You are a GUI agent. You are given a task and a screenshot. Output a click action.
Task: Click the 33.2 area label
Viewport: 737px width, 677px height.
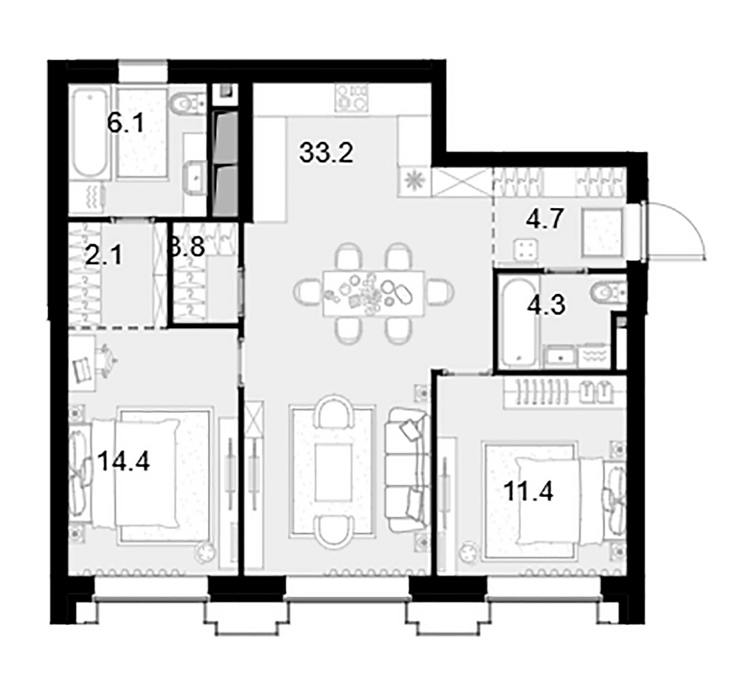(x=326, y=153)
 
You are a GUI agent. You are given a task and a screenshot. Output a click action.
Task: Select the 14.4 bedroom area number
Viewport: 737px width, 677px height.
(x=123, y=461)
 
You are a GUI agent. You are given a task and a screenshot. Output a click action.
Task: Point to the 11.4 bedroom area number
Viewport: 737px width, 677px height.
(x=528, y=492)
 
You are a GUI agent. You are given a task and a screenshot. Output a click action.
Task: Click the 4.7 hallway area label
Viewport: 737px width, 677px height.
(x=544, y=219)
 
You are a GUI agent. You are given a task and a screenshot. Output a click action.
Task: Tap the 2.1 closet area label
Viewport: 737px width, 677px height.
(x=104, y=255)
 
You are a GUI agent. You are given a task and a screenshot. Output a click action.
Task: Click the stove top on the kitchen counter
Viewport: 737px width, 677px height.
(x=351, y=97)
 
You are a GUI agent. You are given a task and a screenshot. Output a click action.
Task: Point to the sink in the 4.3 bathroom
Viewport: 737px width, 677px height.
(x=560, y=357)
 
